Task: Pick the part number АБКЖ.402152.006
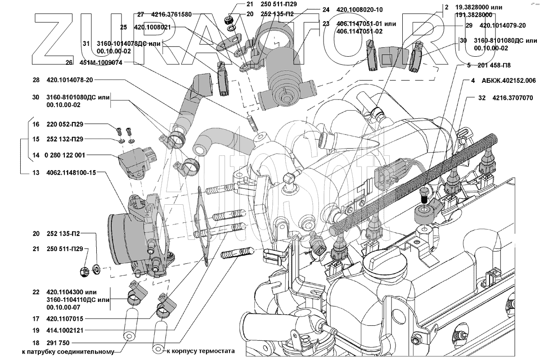click(508, 81)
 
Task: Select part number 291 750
click(56, 343)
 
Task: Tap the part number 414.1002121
click(66, 330)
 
